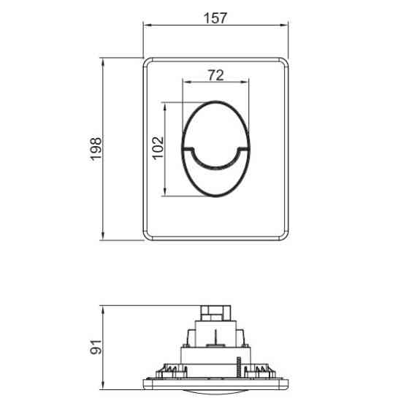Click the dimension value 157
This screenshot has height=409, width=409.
(215, 18)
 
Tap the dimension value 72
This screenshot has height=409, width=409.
(215, 74)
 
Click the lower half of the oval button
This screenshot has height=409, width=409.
(215, 181)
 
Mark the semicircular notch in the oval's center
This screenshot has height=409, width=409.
(215, 156)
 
